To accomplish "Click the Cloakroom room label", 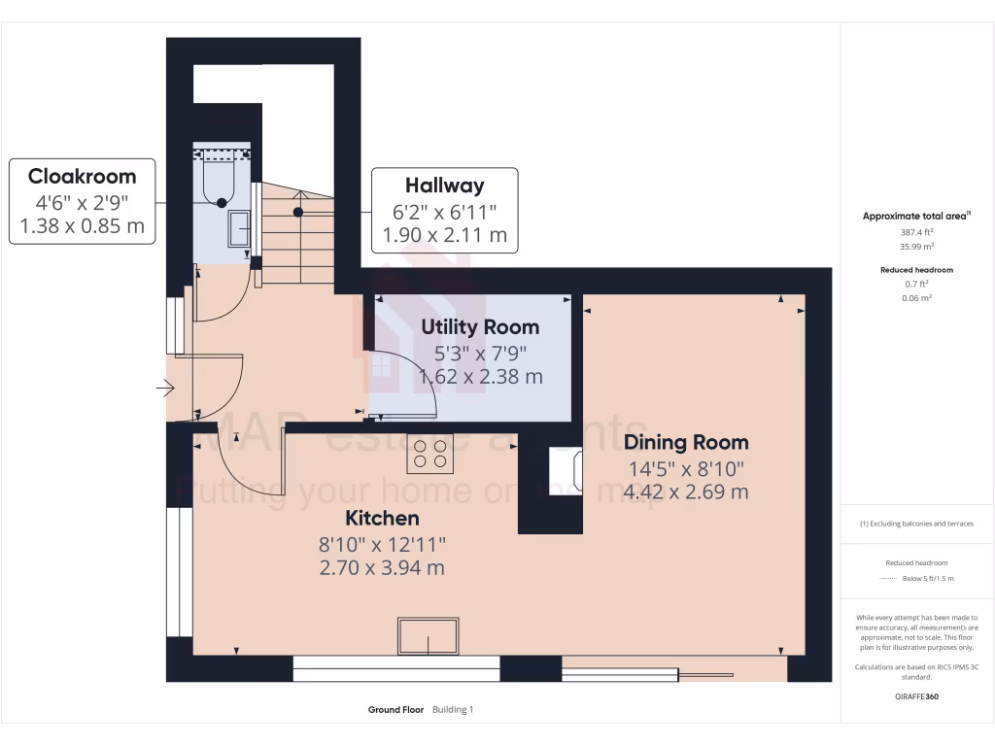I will coord(82,177).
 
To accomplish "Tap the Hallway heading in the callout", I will coord(444,185).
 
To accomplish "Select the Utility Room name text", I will coord(480,327).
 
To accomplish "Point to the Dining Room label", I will coord(686,443).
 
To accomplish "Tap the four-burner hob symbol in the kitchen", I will coord(429,454).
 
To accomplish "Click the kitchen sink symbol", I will coord(428,636).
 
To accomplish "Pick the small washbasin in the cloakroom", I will coord(239,231).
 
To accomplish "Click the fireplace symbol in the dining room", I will coord(566,471).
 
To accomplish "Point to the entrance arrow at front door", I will coord(164,390).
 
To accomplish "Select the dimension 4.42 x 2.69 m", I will coord(686,492).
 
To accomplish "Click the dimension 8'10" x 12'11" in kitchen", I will coord(382,544).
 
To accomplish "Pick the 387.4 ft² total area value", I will coord(916,233).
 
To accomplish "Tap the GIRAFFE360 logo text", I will coord(916,696).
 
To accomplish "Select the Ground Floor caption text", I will coord(395,710).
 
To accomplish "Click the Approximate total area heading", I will coord(914,217).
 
